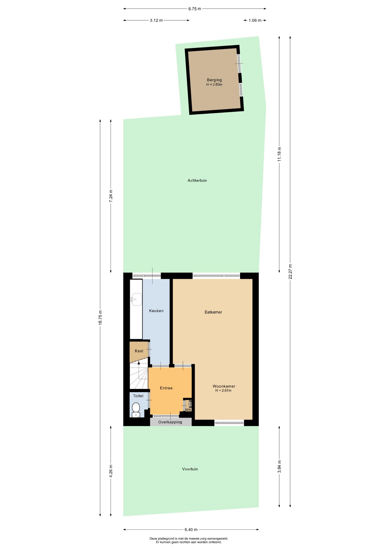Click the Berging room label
point(214,80)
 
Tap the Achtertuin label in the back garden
point(197,181)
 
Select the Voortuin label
point(190,469)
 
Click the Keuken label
point(156,311)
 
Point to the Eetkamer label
point(213,312)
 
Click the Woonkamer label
point(224,386)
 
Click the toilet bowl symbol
point(136,410)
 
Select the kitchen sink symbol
point(136,300)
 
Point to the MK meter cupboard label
point(188,410)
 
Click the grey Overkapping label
point(170,422)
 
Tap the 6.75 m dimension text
point(195,9)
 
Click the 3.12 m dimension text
point(156,20)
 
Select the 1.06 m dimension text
point(255,20)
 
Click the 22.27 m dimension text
point(290,271)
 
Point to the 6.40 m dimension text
point(191,529)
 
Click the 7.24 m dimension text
point(111,196)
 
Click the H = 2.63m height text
point(214,85)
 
